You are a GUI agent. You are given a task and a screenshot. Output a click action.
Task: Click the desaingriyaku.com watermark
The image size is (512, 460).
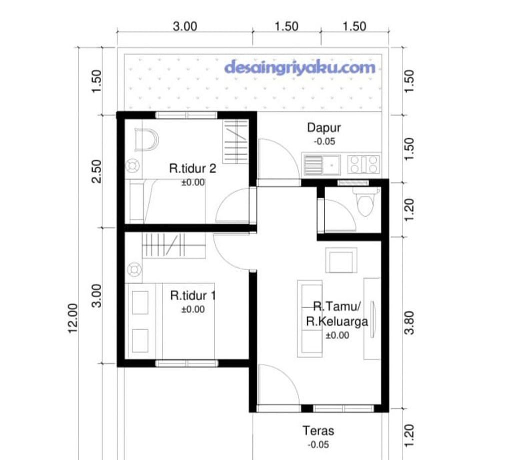coord(300,67)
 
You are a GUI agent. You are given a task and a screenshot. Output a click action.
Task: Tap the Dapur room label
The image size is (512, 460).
coord(324,127)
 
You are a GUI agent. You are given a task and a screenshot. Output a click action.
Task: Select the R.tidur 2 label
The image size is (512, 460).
coord(192,168)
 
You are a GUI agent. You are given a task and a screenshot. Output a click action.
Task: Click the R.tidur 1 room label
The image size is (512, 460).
coord(192,296)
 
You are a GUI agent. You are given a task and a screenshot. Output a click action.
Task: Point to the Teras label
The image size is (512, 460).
coord(318,431)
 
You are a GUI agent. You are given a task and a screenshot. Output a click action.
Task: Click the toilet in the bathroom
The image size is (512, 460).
coord(365,201)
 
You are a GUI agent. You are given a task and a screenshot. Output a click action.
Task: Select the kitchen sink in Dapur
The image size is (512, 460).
coord(322,164)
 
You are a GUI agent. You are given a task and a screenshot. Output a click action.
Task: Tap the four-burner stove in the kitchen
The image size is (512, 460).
coord(363,164)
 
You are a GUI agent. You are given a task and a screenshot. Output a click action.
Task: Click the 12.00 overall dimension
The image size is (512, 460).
coord(73,319)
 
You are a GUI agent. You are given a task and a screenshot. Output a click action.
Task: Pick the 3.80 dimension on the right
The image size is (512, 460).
coord(409,323)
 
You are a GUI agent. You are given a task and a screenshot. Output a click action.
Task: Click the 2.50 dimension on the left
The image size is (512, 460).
coord(96,171)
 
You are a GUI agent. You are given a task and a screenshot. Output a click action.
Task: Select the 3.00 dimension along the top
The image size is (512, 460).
coord(185,26)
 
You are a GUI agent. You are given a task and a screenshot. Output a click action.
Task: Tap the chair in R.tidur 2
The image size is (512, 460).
coord(146,140)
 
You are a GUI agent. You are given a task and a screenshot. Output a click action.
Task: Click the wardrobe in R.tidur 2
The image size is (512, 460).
coord(235,141)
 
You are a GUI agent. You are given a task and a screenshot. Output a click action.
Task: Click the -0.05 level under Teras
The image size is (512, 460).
coord(318,445)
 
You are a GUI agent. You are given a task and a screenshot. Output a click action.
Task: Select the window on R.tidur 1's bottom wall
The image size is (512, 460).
coord(186,364)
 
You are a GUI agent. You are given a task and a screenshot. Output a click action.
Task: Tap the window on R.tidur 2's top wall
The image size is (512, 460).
coord(186,115)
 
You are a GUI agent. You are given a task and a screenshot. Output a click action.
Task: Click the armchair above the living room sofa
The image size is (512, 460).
coord(341,260)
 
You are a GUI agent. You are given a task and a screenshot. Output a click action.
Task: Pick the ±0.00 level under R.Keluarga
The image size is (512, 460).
coord(337,335)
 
